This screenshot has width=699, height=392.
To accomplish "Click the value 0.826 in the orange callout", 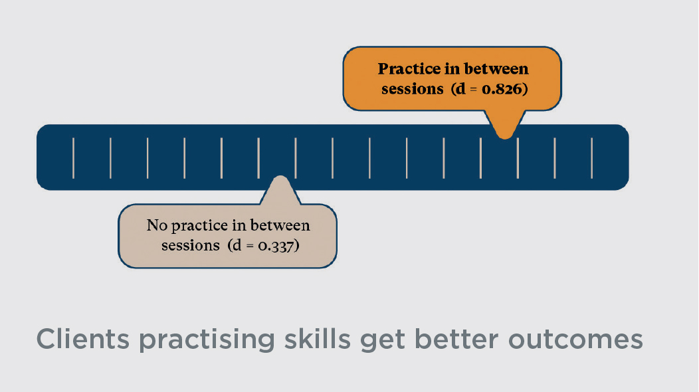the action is coord(502,89).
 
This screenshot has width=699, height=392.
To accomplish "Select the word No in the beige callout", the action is coord(157,225).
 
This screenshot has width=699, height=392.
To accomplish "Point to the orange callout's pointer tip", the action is coord(504,138).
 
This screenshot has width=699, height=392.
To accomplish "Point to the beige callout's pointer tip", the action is coord(280,176).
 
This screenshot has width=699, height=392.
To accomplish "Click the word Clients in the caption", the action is coord(82,339).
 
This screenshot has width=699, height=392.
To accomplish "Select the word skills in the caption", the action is coord(318,339).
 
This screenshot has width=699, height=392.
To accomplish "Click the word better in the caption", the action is coord(456,339).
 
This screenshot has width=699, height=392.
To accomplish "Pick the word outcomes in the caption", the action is coord(575,340).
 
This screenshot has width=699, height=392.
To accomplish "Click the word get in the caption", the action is coord(383,341).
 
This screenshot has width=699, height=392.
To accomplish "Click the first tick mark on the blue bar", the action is coord(73,158).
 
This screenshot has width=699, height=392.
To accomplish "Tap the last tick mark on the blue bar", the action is coord(591,158).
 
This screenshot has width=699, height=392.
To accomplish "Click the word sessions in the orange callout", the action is coord(413,89).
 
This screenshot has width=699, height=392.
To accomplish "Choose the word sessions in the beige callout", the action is coord(191,246).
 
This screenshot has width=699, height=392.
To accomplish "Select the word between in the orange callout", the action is coord(496,68).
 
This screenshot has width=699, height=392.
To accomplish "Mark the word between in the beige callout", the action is coord(280,225).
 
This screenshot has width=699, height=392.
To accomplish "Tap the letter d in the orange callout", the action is coord(460,89).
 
